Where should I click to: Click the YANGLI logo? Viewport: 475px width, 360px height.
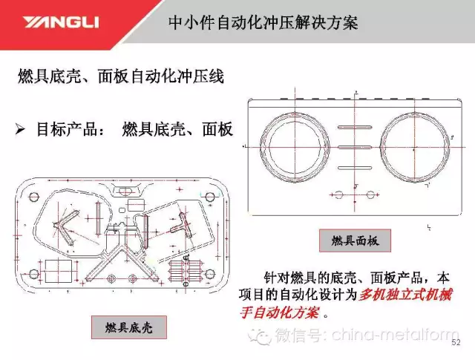point(61,22)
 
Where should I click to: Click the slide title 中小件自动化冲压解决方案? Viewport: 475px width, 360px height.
point(263,22)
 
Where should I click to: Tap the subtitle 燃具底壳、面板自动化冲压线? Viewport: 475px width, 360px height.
point(121,76)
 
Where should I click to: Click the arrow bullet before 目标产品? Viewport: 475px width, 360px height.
point(20,130)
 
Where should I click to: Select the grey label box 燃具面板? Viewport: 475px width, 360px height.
point(355,240)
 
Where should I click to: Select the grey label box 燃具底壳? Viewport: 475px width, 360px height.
point(128,327)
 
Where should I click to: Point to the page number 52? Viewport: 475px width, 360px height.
point(456,342)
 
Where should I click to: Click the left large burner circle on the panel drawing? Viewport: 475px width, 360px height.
point(260,148)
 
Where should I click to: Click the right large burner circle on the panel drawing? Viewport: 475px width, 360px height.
point(380,148)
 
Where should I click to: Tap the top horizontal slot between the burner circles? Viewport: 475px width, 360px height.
point(355,127)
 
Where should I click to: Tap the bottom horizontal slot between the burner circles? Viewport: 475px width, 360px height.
point(355,168)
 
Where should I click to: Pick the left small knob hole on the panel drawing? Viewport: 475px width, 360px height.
point(339,194)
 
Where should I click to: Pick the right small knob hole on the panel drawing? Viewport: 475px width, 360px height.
point(370,194)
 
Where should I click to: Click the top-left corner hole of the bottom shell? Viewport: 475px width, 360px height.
point(34,197)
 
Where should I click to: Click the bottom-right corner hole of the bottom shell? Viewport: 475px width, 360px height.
point(209,275)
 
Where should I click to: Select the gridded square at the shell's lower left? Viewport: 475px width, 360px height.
point(59,271)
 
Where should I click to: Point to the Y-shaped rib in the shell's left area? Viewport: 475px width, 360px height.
point(66,226)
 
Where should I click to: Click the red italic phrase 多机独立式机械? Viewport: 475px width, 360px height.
point(405,294)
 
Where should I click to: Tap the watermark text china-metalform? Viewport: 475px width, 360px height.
point(395,335)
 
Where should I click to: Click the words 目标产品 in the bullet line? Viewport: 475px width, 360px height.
point(67,129)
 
